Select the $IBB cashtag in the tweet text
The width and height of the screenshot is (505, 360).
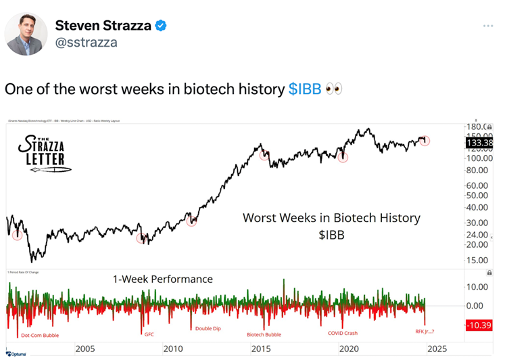click(305, 89)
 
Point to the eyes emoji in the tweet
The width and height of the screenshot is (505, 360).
click(333, 89)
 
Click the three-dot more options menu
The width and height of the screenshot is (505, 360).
click(489, 26)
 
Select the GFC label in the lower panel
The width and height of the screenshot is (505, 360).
click(149, 334)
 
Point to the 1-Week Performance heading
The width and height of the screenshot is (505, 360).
click(162, 279)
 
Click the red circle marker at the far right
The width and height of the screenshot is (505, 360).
click(425, 141)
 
